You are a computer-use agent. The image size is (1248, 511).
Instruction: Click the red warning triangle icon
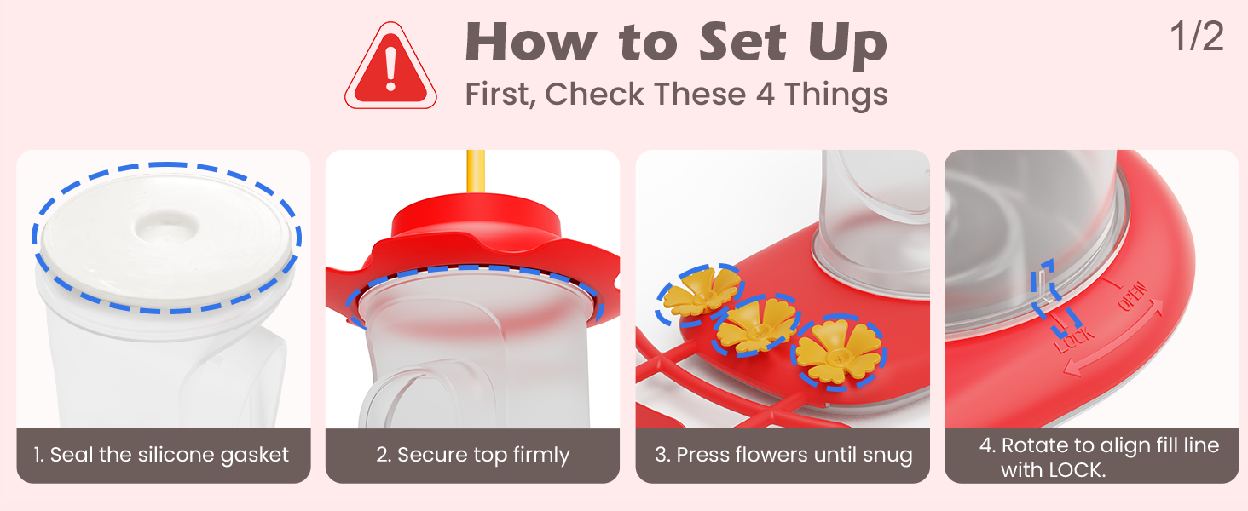(390, 66)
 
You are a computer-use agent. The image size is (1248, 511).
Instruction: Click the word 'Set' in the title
(742, 42)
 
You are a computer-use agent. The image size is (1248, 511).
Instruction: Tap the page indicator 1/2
(1197, 37)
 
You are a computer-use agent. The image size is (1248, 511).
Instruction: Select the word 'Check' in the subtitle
(594, 94)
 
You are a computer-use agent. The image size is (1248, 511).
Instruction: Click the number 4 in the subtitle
(765, 94)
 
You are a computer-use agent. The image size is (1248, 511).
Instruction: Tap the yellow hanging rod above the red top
(475, 171)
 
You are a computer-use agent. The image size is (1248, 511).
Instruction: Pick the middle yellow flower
(756, 325)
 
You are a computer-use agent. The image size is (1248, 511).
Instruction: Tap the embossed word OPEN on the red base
(1133, 296)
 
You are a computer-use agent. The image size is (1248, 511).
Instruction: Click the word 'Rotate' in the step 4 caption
(1034, 445)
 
